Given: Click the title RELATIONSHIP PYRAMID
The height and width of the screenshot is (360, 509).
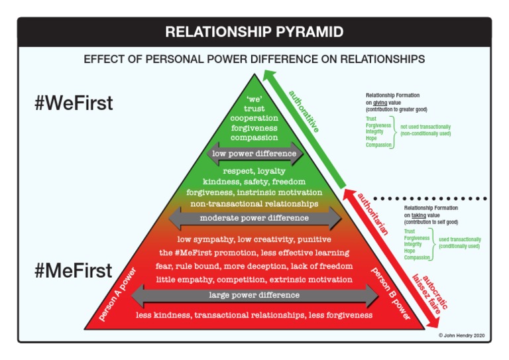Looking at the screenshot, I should [254, 32].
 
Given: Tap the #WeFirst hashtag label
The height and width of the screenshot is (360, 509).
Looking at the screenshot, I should [74, 103].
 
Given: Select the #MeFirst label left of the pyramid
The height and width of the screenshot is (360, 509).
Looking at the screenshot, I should [74, 271].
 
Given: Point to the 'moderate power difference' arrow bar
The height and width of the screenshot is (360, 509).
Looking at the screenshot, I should [255, 217].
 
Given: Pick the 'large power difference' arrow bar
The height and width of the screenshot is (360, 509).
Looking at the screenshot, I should [255, 294].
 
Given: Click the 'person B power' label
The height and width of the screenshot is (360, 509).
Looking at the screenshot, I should [389, 292].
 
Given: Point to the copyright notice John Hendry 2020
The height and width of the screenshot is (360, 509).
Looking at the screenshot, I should [463, 335].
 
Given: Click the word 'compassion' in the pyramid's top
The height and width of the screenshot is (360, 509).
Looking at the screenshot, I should [255, 137].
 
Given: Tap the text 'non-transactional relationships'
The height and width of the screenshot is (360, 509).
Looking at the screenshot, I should [255, 203].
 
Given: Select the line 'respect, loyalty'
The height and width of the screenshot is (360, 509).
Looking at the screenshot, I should [255, 170].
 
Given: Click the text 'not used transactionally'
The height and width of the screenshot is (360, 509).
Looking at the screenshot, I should [424, 126].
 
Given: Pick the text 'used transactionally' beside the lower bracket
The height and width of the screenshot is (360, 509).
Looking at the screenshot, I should [459, 239].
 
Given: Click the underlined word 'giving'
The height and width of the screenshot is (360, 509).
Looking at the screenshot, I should [380, 103].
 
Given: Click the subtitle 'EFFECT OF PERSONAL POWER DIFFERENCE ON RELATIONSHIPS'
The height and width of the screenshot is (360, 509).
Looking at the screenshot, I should [254, 59].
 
